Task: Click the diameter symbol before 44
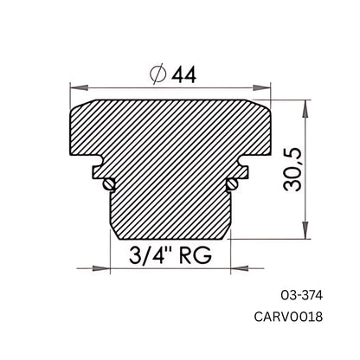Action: (x=157, y=75)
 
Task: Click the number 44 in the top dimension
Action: (x=182, y=75)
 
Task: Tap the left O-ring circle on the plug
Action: (x=107, y=183)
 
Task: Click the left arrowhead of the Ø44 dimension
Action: (x=74, y=87)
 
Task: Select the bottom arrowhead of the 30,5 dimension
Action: (x=303, y=235)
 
